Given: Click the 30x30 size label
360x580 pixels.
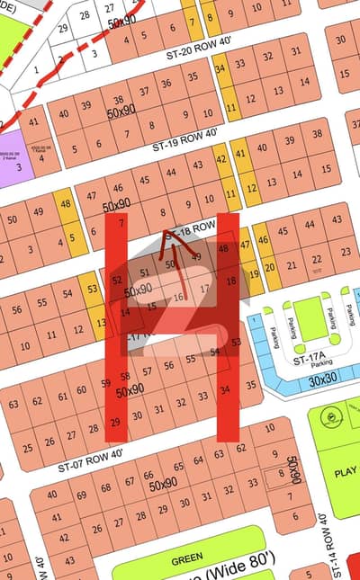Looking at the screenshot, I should coord(321,381).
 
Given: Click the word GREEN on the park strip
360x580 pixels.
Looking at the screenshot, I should coord(187,559).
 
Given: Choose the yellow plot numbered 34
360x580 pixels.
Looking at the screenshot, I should coord(220,69).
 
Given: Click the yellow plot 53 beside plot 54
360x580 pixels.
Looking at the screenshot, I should coord(91,289).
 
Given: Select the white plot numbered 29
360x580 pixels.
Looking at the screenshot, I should coord(62,28).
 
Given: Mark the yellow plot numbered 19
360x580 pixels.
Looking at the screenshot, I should coord(255,275).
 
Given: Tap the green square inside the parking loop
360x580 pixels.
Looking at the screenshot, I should coord(308,319).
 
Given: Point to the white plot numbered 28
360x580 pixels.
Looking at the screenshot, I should coord(85,15).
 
